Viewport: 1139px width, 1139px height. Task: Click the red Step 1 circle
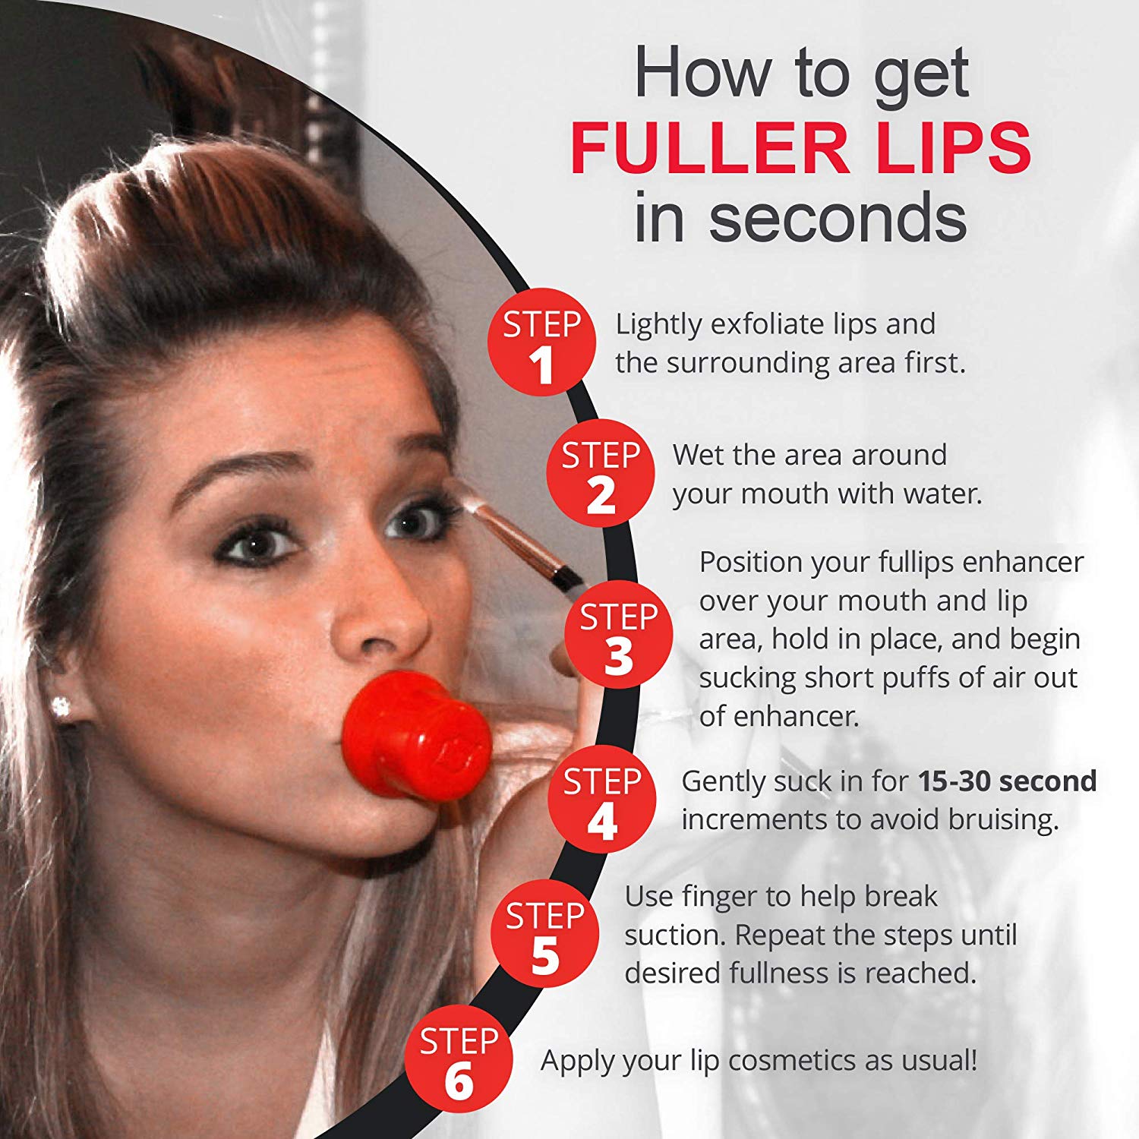(541, 342)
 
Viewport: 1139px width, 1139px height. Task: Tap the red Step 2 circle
(600, 473)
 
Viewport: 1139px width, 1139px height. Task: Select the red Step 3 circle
(618, 635)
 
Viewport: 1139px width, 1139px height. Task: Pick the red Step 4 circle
(601, 799)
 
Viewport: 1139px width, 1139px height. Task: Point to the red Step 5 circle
(544, 934)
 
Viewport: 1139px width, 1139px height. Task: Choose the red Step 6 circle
(458, 1059)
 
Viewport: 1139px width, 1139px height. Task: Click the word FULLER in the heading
(710, 147)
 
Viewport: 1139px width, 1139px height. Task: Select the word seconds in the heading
(838, 219)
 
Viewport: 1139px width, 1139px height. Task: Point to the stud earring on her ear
(61, 707)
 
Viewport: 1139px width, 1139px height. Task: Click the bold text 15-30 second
(1007, 781)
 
